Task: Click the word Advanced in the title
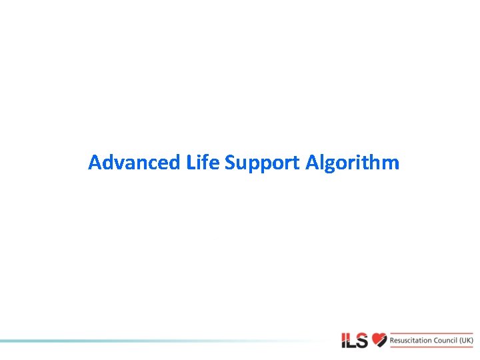[133, 162]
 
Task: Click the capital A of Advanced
[95, 162]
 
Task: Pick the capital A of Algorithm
[311, 162]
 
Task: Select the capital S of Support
[231, 162]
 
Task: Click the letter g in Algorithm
[330, 165]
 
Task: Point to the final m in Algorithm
[391, 163]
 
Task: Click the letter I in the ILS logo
[344, 340]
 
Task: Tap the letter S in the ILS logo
[363, 340]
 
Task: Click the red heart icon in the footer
[379, 340]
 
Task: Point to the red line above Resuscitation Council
[431, 332]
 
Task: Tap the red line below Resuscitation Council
[431, 348]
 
